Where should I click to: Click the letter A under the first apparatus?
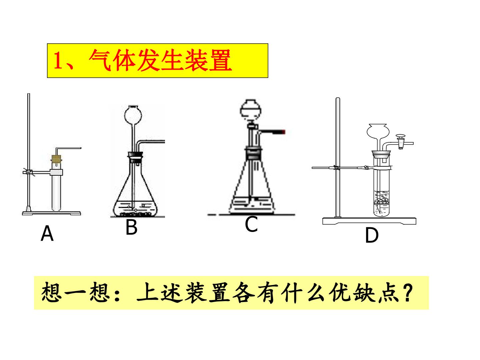click(47, 233)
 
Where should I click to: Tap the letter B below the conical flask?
click(131, 227)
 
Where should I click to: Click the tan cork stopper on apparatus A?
click(56, 159)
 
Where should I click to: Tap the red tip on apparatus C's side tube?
click(283, 132)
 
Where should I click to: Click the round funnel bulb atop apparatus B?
click(133, 115)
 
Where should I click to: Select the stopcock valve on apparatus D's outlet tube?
click(401, 141)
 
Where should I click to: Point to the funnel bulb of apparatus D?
click(378, 131)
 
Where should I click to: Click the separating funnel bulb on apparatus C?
click(251, 109)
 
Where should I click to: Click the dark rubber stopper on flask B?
click(135, 157)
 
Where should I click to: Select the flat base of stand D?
click(369, 221)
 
